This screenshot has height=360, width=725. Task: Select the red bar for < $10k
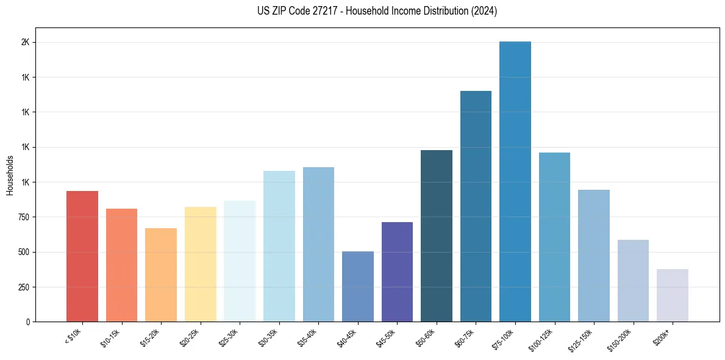[82, 256]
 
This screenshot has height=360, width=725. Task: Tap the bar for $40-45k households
[358, 286]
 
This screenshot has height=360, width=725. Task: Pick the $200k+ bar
[673, 295]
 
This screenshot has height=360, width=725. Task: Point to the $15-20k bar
[161, 275]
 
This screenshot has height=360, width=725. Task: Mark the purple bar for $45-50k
[397, 272]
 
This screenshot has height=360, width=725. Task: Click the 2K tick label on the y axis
[26, 43]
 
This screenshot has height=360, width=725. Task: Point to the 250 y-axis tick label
[23, 287]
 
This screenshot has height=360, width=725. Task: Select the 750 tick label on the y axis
[23, 217]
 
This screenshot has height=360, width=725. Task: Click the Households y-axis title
[10, 175]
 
